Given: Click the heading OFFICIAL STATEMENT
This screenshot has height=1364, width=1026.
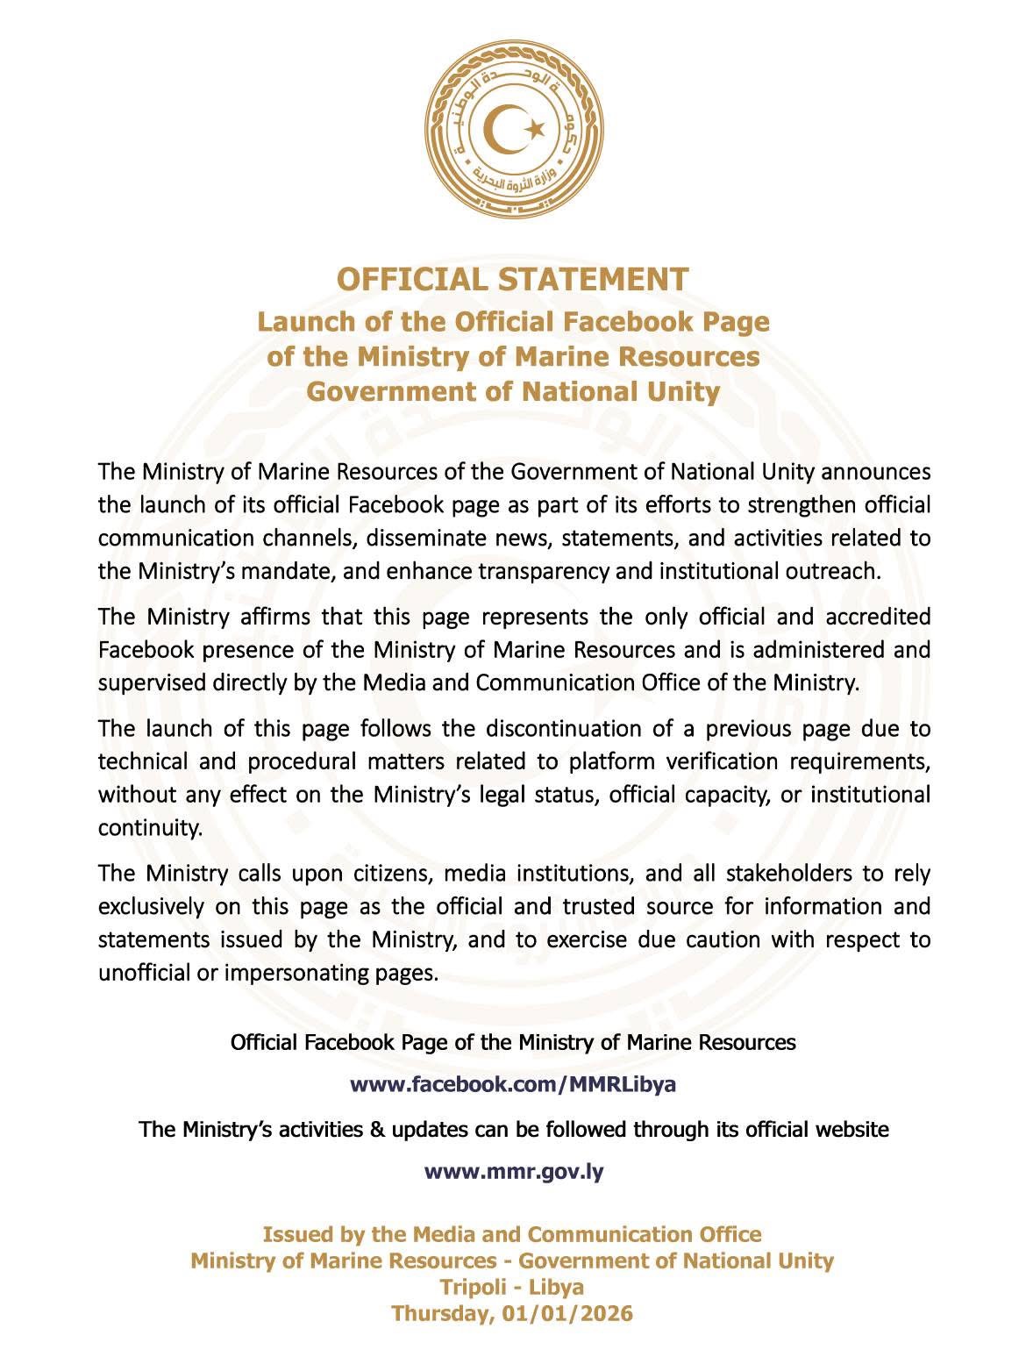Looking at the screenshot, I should click(x=513, y=279).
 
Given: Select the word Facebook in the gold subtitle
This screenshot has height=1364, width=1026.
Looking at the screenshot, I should click(x=611, y=322).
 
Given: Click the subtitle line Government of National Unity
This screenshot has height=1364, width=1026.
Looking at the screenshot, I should click(x=513, y=390).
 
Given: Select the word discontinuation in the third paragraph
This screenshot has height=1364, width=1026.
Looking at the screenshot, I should click(x=531, y=729).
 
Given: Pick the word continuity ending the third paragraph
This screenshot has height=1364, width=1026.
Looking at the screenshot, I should click(x=149, y=828).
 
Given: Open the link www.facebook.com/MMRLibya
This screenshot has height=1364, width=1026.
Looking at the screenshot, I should click(x=513, y=1084).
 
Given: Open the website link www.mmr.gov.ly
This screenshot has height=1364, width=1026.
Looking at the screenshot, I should click(x=514, y=1172).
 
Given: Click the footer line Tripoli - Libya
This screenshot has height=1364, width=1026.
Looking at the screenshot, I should click(x=513, y=1287).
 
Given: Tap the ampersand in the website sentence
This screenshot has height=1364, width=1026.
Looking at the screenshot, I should click(x=377, y=1129).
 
